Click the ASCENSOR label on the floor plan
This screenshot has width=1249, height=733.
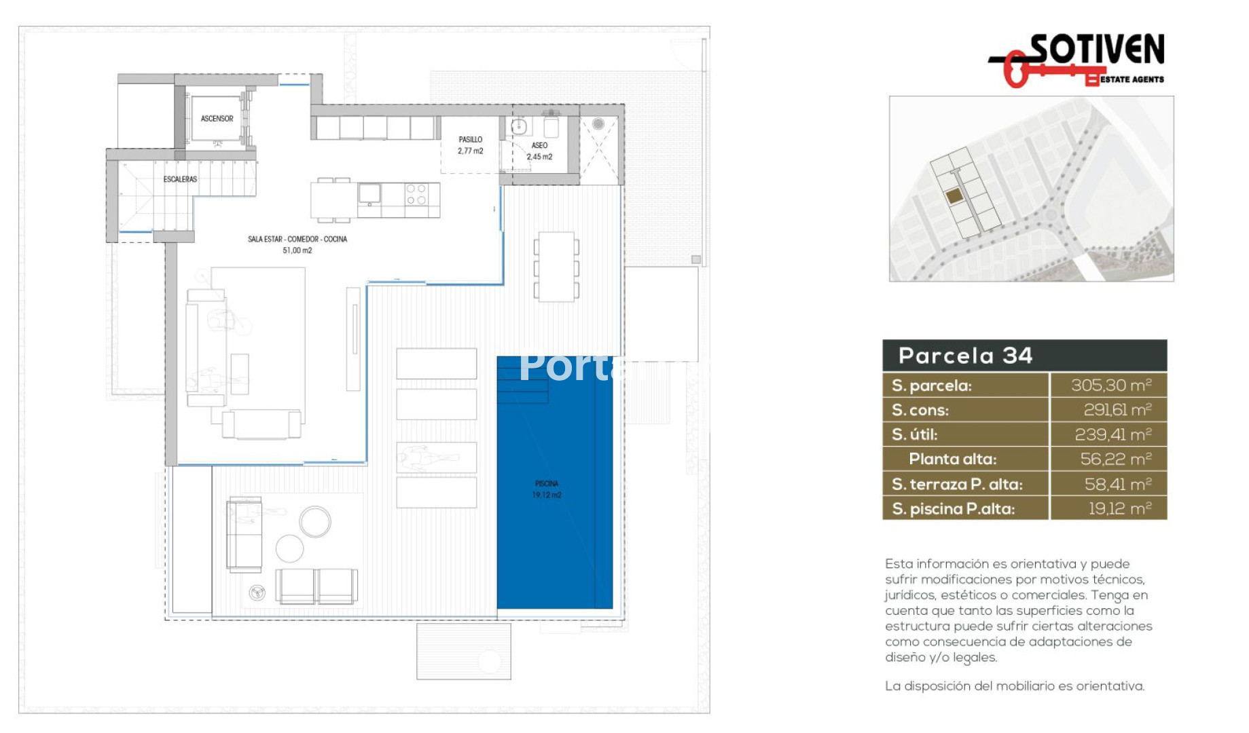(217, 119)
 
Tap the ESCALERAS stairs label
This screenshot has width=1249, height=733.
(180, 179)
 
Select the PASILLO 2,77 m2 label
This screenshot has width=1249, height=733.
(470, 145)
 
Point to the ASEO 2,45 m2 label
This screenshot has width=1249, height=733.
(539, 151)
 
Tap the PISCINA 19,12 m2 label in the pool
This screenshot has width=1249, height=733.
(547, 489)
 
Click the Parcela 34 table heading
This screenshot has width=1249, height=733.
(965, 356)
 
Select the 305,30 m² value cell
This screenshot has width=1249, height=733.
(1111, 385)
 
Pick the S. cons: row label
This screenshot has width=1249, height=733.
(920, 410)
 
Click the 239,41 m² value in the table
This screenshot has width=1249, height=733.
(1113, 434)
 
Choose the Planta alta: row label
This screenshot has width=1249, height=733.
(952, 459)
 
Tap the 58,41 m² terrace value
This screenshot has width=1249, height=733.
(1118, 484)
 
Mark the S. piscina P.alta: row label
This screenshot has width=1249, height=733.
(953, 508)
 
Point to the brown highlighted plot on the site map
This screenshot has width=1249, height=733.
(954, 196)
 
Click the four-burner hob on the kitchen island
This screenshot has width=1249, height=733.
(416, 194)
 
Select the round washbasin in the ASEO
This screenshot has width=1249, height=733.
(520, 126)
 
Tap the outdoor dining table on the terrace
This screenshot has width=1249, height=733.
(556, 267)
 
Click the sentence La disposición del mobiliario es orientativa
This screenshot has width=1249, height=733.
(1015, 686)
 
